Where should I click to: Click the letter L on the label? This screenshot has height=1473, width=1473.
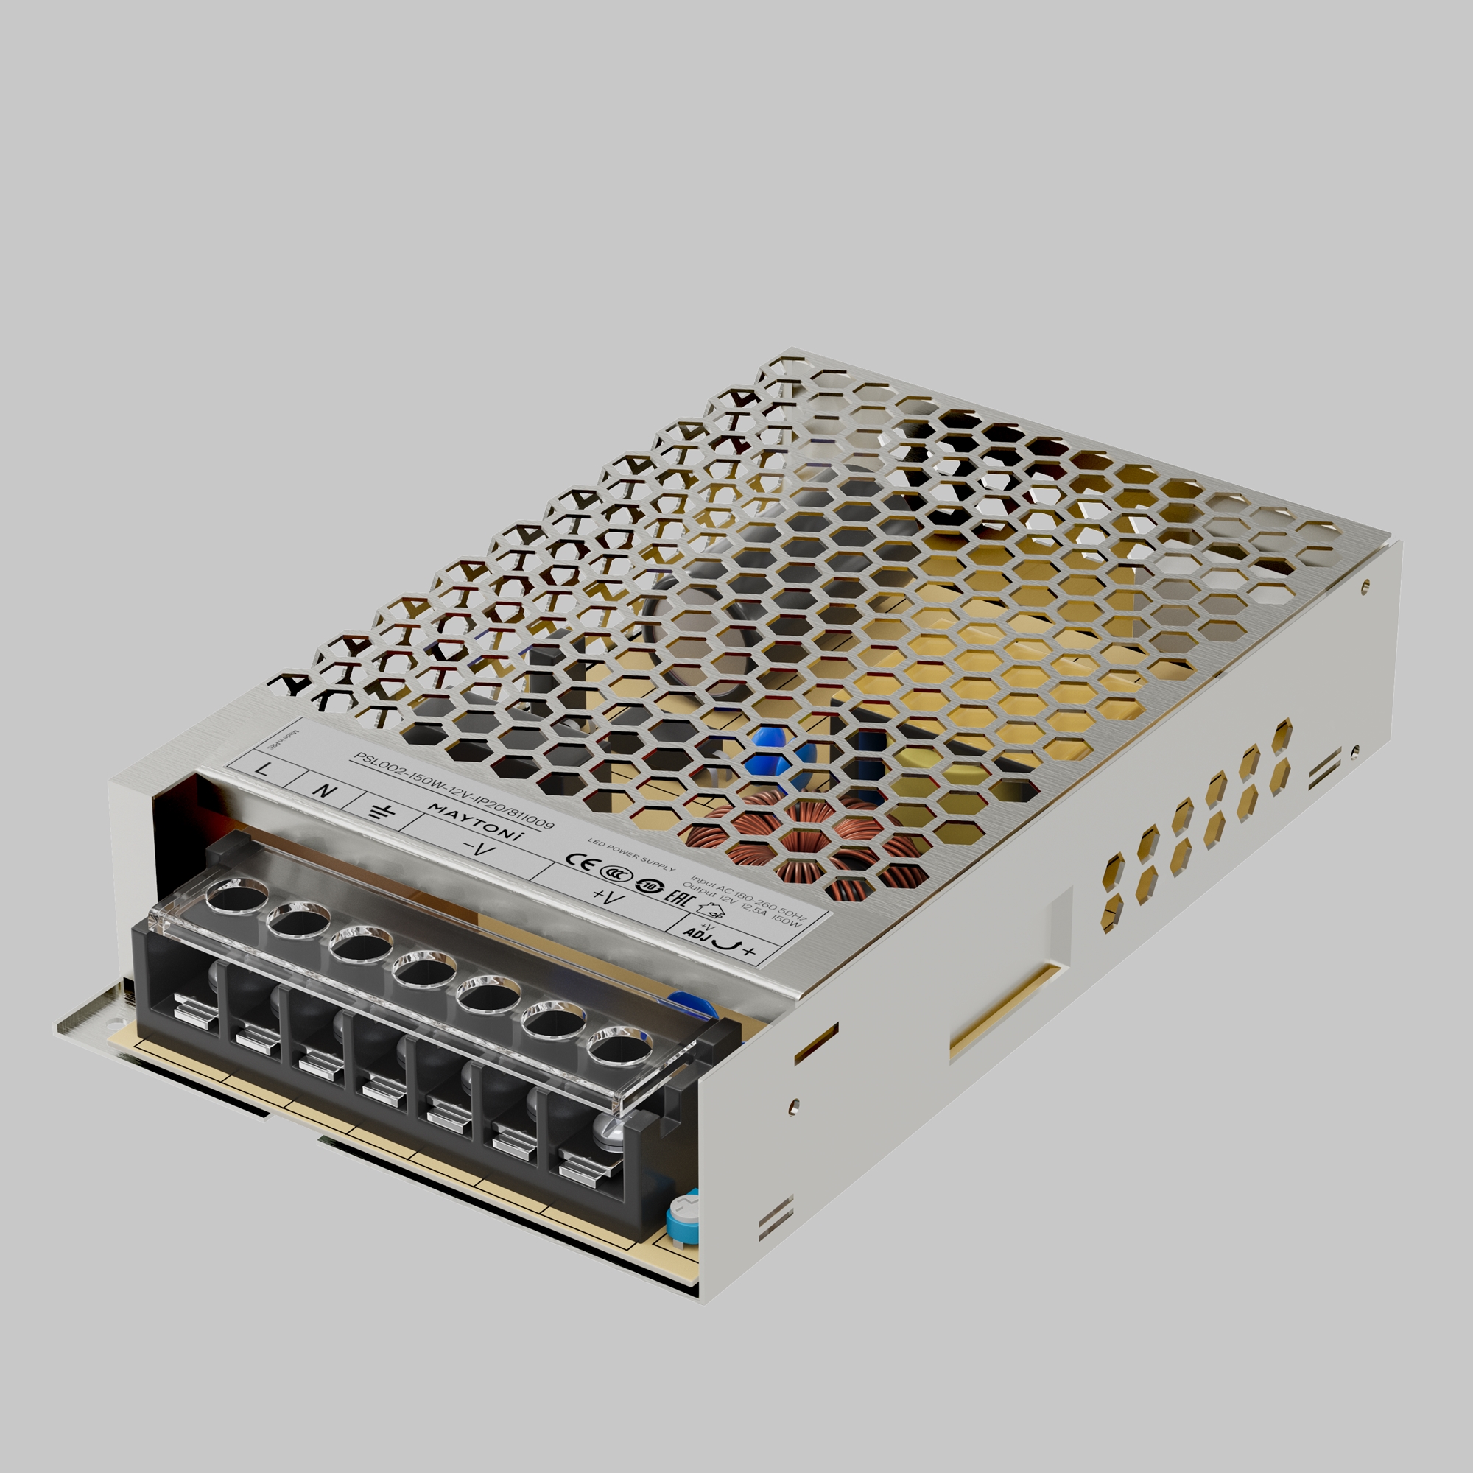[263, 768]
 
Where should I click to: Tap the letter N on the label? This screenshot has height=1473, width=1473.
[324, 790]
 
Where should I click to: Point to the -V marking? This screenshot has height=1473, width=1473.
[478, 848]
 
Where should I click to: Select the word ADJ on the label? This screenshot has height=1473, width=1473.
[696, 933]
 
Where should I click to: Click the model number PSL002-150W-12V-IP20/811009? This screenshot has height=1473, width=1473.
[454, 790]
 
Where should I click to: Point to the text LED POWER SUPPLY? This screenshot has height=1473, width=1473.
[631, 854]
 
